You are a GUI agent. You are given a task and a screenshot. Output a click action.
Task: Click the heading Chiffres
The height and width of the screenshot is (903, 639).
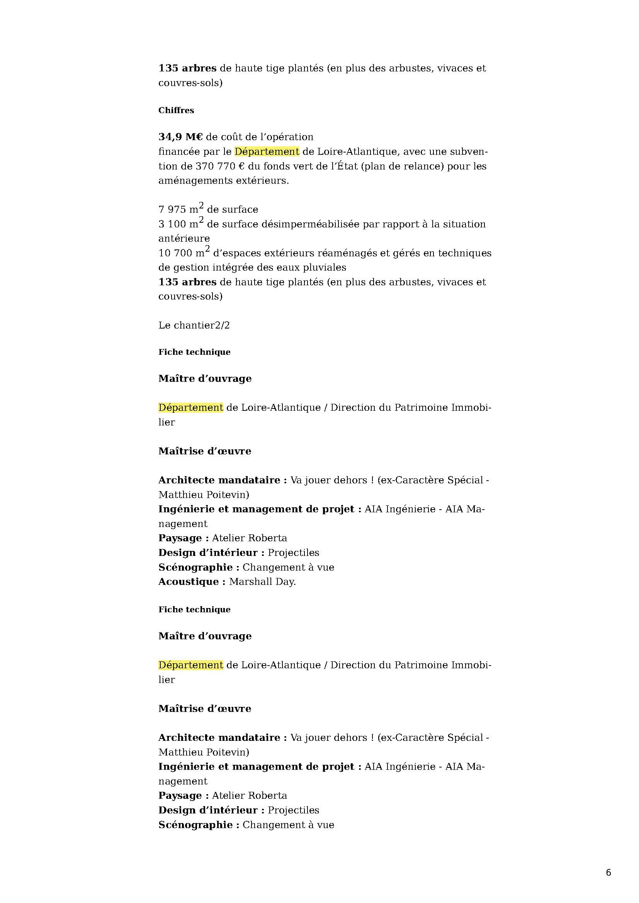coord(176,110)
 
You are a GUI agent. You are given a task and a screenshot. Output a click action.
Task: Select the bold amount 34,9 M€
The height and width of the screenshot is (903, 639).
coord(180,137)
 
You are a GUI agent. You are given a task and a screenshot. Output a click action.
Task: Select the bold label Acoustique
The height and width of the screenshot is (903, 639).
coord(189,582)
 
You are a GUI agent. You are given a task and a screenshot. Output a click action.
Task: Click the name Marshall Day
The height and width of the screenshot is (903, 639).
coord(262,582)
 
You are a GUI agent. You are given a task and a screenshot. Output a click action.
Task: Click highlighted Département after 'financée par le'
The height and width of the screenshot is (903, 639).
coord(267,152)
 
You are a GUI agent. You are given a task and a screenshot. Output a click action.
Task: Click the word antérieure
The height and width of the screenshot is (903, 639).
coord(184,238)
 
